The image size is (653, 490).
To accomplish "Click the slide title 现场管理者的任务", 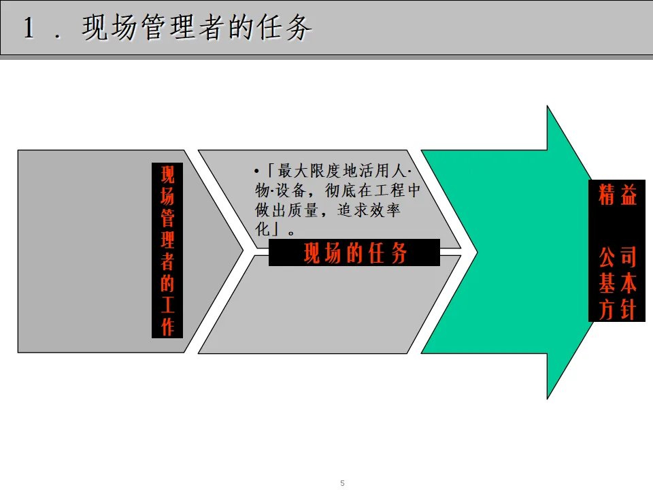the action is coord(197,29).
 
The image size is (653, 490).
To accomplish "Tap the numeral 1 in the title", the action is coord(29,29).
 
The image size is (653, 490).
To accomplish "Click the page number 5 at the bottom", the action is coord(342,483).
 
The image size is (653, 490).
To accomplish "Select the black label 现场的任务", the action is coord(354,254).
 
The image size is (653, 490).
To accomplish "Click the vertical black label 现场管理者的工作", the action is coord(167,250).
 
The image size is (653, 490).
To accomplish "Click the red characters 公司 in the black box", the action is coord(618,258).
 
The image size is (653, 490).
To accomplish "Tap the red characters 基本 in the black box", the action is coord(618,284).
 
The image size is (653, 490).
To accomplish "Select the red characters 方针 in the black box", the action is coord(618,310).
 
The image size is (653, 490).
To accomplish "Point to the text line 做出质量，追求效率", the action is coord(328,210).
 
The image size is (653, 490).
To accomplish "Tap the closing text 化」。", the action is coord(275,229).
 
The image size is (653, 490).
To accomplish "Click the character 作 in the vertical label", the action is coord(167,327).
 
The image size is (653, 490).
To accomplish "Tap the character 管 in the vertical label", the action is coord(167,218).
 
